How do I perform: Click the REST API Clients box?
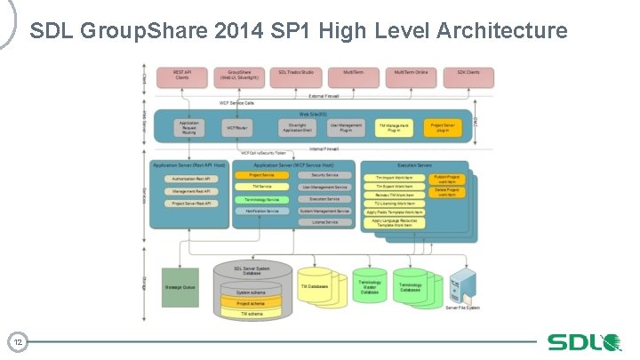(x=182, y=76)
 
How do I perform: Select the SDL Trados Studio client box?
(x=296, y=76)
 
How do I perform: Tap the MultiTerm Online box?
(x=411, y=76)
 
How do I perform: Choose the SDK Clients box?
(x=469, y=76)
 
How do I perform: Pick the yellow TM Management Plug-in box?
(x=393, y=128)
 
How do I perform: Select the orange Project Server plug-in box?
(x=444, y=128)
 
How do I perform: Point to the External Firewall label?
(x=325, y=95)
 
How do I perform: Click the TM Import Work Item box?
(x=394, y=178)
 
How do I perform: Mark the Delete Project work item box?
(x=446, y=192)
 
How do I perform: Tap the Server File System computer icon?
(x=463, y=287)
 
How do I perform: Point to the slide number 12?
(x=17, y=341)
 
